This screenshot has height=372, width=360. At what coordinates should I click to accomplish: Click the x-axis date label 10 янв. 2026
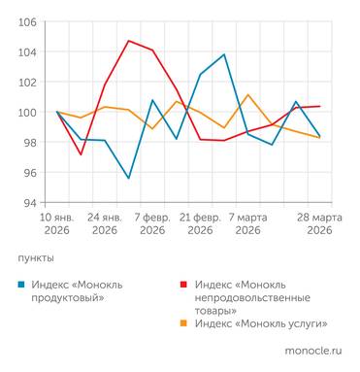[57, 223]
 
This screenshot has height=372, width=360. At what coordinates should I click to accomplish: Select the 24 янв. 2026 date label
[105, 223]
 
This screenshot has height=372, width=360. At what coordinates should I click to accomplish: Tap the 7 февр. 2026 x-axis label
[152, 223]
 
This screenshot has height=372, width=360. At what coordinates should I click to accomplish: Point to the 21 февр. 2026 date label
[200, 223]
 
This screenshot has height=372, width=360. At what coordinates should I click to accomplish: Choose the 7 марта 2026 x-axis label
[247, 223]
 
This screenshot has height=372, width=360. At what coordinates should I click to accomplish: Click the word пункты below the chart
[36, 258]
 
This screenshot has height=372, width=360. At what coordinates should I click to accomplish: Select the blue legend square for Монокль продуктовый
[22, 285]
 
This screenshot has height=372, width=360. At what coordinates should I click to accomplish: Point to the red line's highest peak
[129, 41]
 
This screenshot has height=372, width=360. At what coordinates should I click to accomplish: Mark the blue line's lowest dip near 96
[129, 178]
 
